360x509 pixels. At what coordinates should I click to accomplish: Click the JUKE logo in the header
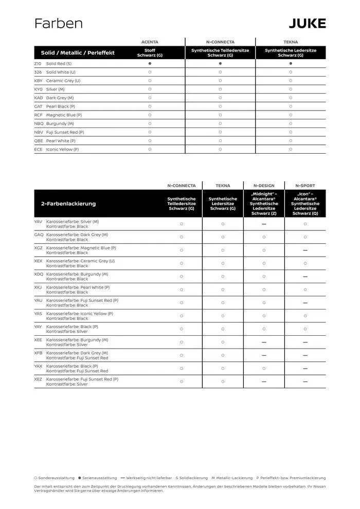307,23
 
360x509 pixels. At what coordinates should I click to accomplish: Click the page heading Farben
58,24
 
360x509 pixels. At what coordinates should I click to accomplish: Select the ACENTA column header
150,42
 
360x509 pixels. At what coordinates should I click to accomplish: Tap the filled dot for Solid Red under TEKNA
291,63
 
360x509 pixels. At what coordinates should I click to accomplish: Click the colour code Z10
38,63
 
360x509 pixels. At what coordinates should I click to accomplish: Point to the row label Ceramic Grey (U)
63,81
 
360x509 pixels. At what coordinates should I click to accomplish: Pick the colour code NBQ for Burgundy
39,123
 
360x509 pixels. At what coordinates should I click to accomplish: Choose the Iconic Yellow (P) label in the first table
62,149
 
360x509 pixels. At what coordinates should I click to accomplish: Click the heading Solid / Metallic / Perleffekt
78,52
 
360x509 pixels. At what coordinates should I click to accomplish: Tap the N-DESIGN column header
264,186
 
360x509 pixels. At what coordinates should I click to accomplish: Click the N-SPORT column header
305,186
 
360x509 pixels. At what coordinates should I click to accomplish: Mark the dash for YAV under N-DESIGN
264,224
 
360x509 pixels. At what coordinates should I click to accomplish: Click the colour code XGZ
39,248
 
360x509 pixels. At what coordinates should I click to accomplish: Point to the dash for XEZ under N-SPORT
305,381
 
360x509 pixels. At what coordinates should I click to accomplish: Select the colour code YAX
39,366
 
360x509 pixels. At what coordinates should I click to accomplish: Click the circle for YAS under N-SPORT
305,316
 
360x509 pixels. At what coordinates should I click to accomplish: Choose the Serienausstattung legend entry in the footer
98,478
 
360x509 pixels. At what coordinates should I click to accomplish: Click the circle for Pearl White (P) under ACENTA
150,140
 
